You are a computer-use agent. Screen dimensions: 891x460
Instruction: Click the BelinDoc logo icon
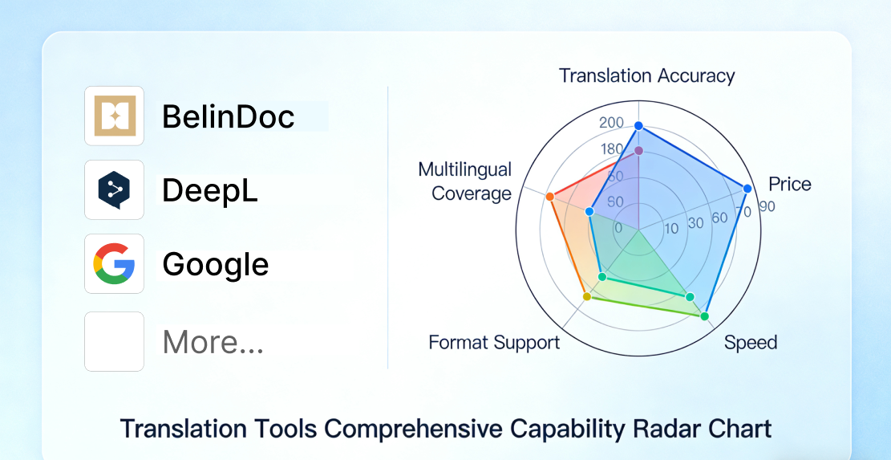click(x=114, y=116)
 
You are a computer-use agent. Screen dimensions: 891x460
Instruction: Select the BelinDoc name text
click(x=229, y=116)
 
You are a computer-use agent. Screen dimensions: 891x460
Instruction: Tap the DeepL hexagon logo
click(x=114, y=190)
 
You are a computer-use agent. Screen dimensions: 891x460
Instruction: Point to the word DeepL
click(x=209, y=190)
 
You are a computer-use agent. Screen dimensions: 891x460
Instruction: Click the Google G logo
click(x=114, y=264)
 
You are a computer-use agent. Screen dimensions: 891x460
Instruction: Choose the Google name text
click(x=216, y=265)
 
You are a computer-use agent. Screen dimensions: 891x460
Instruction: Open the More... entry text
click(x=213, y=342)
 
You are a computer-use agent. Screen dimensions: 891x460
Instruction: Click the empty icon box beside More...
click(x=114, y=341)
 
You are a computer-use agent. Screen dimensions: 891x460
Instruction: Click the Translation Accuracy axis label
click(x=646, y=75)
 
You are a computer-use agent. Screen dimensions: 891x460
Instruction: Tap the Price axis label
click(x=790, y=184)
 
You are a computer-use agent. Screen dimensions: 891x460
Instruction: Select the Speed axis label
click(x=751, y=342)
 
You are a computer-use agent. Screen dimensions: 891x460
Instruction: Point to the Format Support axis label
click(x=494, y=342)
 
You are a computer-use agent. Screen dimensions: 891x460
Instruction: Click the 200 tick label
click(x=611, y=123)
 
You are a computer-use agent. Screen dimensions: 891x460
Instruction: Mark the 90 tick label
click(x=767, y=206)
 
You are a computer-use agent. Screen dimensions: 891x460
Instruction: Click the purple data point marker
click(x=638, y=151)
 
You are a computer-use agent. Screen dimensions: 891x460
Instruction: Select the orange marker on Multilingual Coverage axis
click(x=549, y=197)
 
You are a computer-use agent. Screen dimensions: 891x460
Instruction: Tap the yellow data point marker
click(x=588, y=297)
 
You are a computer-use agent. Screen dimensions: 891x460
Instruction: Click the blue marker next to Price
click(x=747, y=188)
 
